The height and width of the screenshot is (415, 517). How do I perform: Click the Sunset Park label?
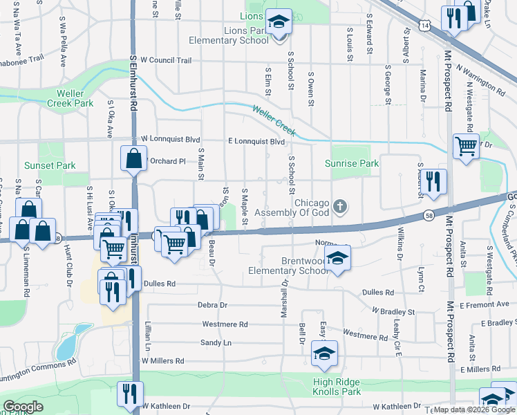(50, 165)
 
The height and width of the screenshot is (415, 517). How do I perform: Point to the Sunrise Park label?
(352, 163)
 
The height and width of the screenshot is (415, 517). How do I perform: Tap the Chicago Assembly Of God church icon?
(339, 206)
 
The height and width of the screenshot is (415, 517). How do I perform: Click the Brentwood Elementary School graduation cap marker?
(337, 259)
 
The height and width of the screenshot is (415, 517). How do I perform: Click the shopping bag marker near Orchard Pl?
(133, 158)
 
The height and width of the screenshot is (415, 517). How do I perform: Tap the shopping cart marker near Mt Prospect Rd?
(467, 146)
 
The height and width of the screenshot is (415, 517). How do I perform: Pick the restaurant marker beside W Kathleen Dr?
(126, 395)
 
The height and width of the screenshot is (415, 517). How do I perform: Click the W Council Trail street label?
(166, 60)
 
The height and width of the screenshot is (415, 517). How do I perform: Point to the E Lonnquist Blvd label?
(256, 141)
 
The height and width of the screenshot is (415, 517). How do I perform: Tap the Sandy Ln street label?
(216, 342)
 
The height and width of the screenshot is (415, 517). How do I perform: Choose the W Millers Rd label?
(163, 360)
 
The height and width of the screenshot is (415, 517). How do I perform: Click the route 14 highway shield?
(424, 24)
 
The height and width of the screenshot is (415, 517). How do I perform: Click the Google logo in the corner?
(23, 407)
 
